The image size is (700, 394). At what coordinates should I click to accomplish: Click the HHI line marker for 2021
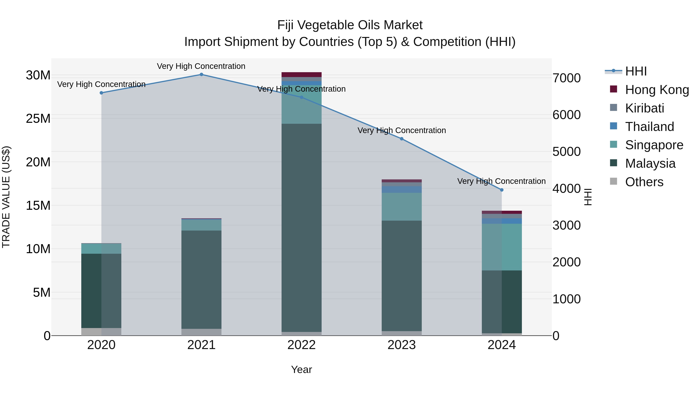(201, 75)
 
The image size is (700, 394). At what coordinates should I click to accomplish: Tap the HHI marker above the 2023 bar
(402, 139)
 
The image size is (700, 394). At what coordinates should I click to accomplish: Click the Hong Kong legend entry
(657, 90)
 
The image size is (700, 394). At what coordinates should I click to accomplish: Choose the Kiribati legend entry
(644, 108)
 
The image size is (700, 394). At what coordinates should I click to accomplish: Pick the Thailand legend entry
(649, 127)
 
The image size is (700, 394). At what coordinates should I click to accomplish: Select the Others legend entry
(644, 182)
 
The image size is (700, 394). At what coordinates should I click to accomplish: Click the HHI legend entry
(636, 71)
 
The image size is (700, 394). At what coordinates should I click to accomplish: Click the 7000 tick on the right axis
(567, 78)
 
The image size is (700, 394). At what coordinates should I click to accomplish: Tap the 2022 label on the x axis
(301, 345)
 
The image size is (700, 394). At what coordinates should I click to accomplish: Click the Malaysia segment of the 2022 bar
(301, 228)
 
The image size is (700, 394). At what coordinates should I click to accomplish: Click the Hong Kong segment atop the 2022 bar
(301, 75)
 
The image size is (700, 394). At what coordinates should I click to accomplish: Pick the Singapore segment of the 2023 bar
(402, 207)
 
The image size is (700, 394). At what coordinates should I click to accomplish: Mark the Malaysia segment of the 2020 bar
(101, 291)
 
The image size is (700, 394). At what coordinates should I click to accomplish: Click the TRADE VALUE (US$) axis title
(6, 197)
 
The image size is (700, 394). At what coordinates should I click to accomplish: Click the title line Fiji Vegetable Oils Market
(350, 25)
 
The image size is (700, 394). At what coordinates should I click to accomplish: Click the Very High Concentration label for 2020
(101, 84)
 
